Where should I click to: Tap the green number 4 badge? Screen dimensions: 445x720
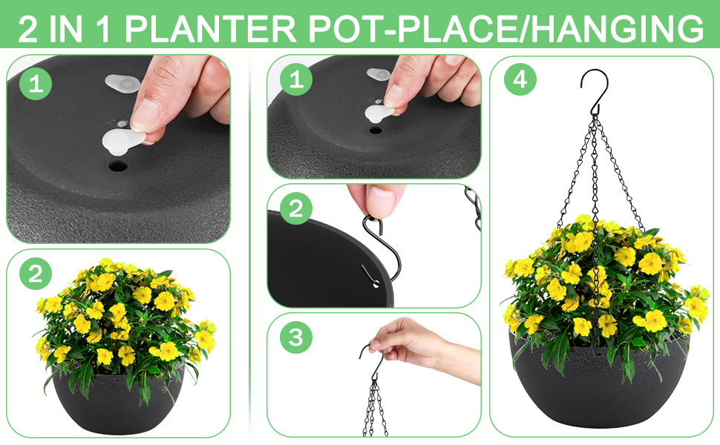coord(520,80)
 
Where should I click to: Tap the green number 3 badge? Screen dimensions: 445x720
coord(296,338)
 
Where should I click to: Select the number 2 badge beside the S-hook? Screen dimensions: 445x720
coord(296,209)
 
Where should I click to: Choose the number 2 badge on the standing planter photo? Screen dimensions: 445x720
coord(35,274)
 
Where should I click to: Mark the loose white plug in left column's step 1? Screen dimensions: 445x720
coord(122,82)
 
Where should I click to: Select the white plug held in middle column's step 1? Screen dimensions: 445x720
coord(380,112)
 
